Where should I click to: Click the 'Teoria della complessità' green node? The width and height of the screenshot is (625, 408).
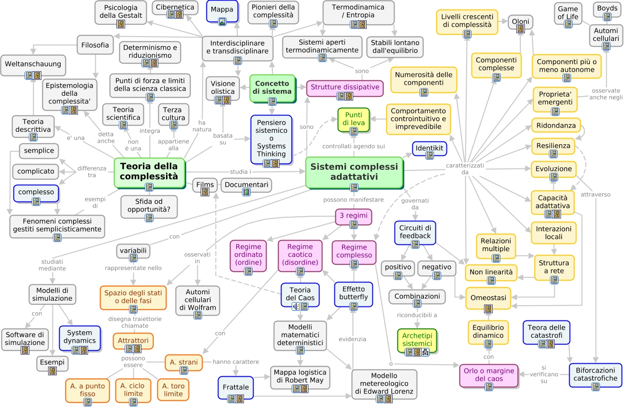(149, 171)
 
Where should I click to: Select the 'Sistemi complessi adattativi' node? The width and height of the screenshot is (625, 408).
(354, 172)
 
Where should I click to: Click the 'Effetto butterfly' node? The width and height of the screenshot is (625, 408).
(354, 293)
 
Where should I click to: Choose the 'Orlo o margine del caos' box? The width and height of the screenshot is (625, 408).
(489, 375)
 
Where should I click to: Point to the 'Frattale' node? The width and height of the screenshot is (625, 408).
(236, 387)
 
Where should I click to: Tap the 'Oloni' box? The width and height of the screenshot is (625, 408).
(520, 22)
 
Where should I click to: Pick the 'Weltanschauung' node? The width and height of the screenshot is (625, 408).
(33, 64)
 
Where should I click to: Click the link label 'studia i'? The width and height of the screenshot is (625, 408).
(241, 172)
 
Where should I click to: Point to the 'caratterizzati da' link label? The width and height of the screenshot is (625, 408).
(464, 168)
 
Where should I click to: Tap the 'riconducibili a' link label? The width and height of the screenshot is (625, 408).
(417, 316)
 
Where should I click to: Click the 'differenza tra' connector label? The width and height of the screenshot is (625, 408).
(91, 172)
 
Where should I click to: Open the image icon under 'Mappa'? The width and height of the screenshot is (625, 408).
(222, 21)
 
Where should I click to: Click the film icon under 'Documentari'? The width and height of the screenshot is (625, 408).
(246, 191)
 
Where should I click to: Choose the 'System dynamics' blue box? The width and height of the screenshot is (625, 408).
(79, 337)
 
